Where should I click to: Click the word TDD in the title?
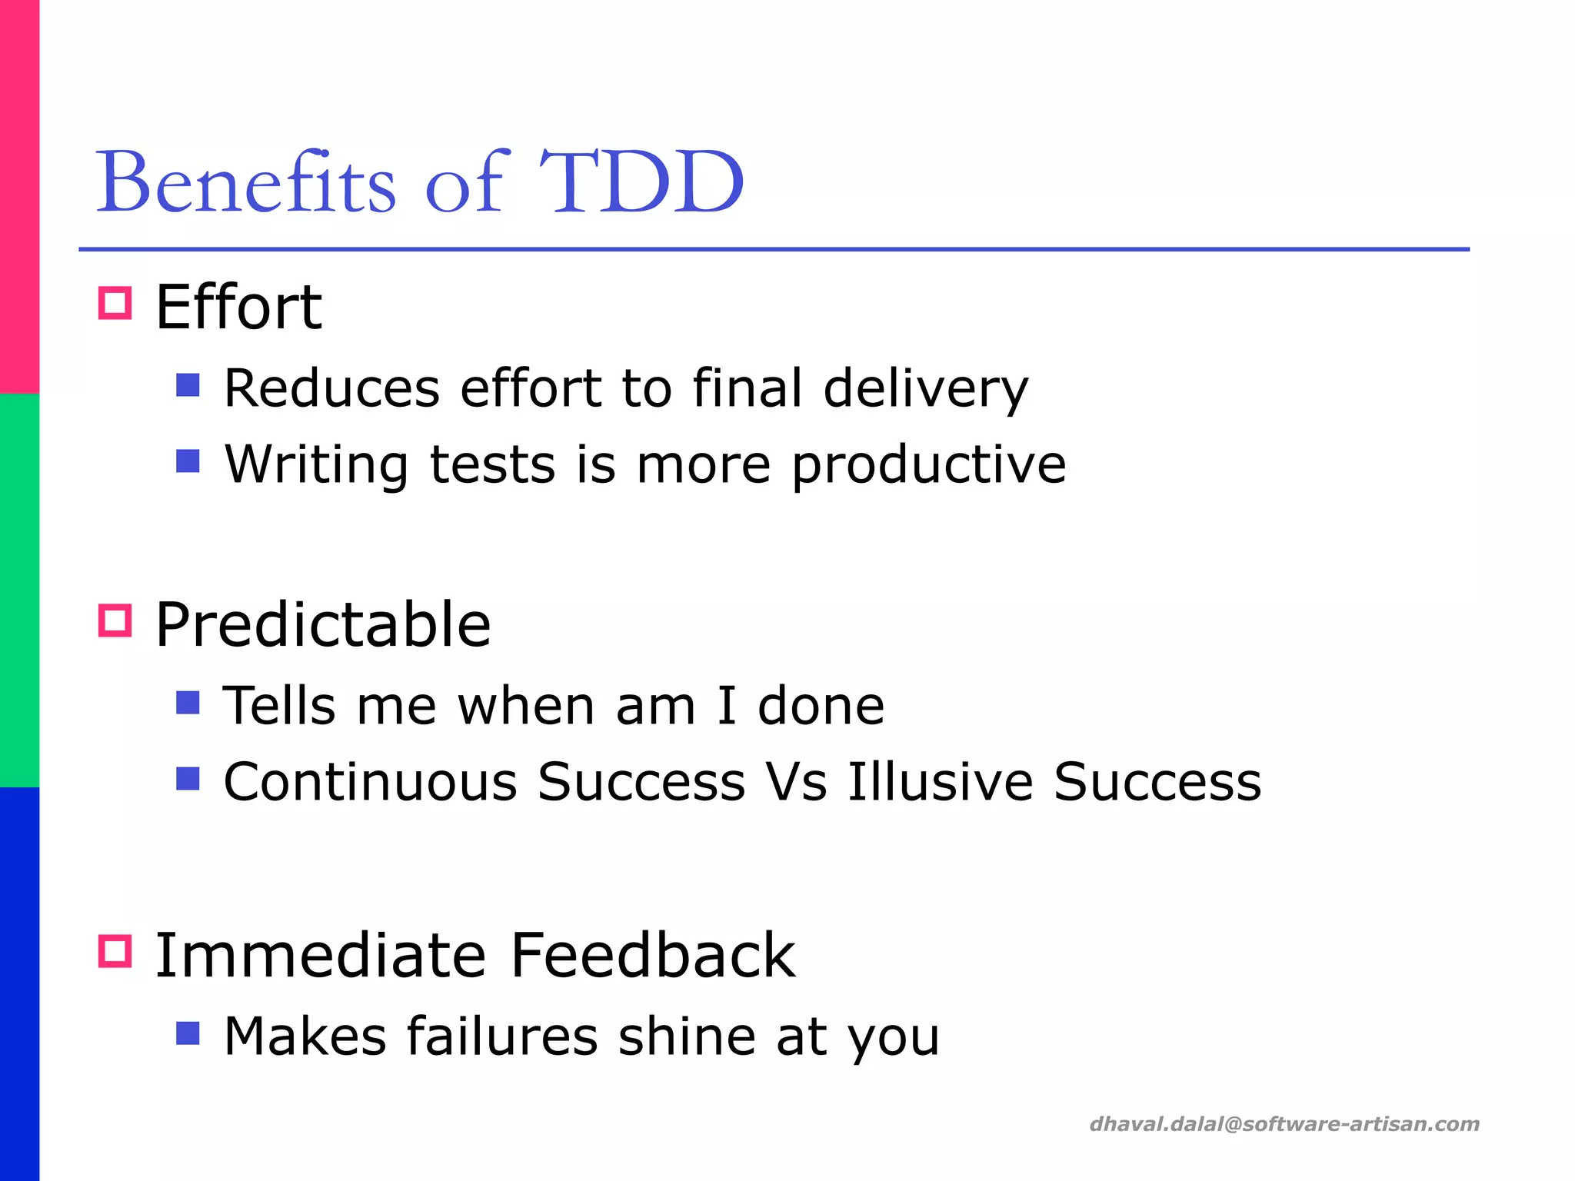(641, 183)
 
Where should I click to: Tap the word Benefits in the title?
(245, 183)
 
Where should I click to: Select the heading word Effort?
(238, 308)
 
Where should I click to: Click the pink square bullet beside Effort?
(115, 303)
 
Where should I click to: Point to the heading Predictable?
(322, 624)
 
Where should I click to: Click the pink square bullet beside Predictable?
(115, 620)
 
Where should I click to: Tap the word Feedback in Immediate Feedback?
(652, 956)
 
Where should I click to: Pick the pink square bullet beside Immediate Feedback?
(115, 951)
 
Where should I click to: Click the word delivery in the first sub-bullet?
(925, 388)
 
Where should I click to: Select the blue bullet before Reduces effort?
(188, 384)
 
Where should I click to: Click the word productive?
(928, 465)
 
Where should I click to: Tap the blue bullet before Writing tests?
(188, 461)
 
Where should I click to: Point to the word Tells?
(279, 706)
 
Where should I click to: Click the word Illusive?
(940, 782)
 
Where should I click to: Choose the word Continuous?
(370, 782)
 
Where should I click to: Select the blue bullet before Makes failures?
(188, 1033)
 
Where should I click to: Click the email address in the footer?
(1284, 1124)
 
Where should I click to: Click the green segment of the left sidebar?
(19, 590)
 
